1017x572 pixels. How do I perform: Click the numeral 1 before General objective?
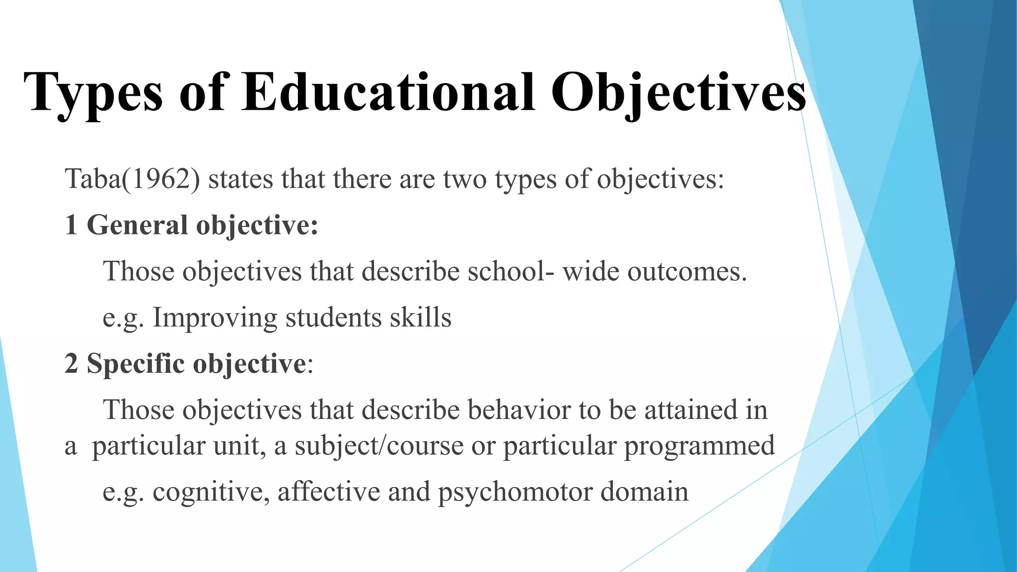click(x=71, y=225)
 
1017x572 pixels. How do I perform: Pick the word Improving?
click(x=215, y=318)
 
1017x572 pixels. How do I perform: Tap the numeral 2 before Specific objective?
click(x=71, y=363)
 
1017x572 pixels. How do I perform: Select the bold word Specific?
click(x=136, y=364)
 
